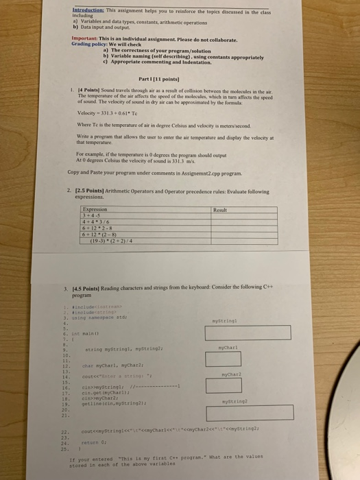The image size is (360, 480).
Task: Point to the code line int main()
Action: (87, 332)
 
